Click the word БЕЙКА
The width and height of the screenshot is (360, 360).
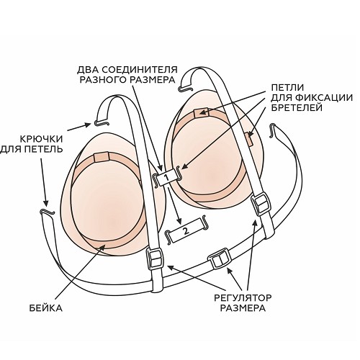pyautogui.click(x=45, y=308)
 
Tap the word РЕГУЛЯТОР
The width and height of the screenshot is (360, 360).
pyautogui.click(x=243, y=298)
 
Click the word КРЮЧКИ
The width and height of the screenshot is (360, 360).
pyautogui.click(x=41, y=139)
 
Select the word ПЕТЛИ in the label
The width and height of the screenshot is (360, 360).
pyautogui.click(x=287, y=87)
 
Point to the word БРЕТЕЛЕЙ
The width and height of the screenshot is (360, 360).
pyautogui.click(x=297, y=108)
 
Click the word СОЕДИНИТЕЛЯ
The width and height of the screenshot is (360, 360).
pyautogui.click(x=140, y=70)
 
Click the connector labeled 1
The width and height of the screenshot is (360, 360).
pyautogui.click(x=167, y=178)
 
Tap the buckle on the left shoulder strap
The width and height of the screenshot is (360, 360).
pyautogui.click(x=155, y=260)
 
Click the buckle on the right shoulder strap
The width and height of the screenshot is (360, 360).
pyautogui.click(x=260, y=204)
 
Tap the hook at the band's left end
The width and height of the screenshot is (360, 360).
pyautogui.click(x=48, y=211)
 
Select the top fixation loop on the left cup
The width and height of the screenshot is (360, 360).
pyautogui.click(x=102, y=157)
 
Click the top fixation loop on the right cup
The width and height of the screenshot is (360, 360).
pyautogui.click(x=201, y=113)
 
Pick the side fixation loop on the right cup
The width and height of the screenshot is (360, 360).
pyautogui.click(x=249, y=140)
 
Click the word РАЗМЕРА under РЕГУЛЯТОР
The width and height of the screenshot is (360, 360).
pyautogui.click(x=243, y=308)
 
